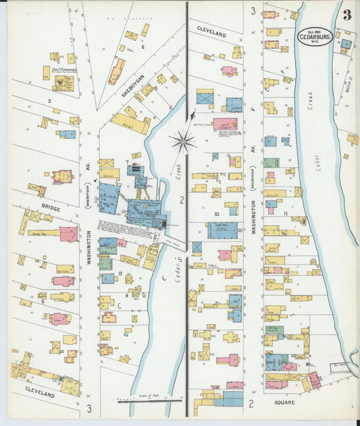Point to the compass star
pyautogui.click(x=182, y=141)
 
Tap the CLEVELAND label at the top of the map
pyautogui.click(x=211, y=31)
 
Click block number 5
pyautogui.click(x=49, y=101)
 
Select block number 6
pyautogui.click(x=143, y=47)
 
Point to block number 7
pyautogui.click(x=127, y=162)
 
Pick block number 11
pyautogui.click(x=286, y=214)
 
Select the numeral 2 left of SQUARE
pyautogui.click(x=250, y=403)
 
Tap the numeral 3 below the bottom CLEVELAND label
pyautogui.click(x=88, y=408)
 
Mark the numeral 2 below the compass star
pyautogui.click(x=182, y=200)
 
